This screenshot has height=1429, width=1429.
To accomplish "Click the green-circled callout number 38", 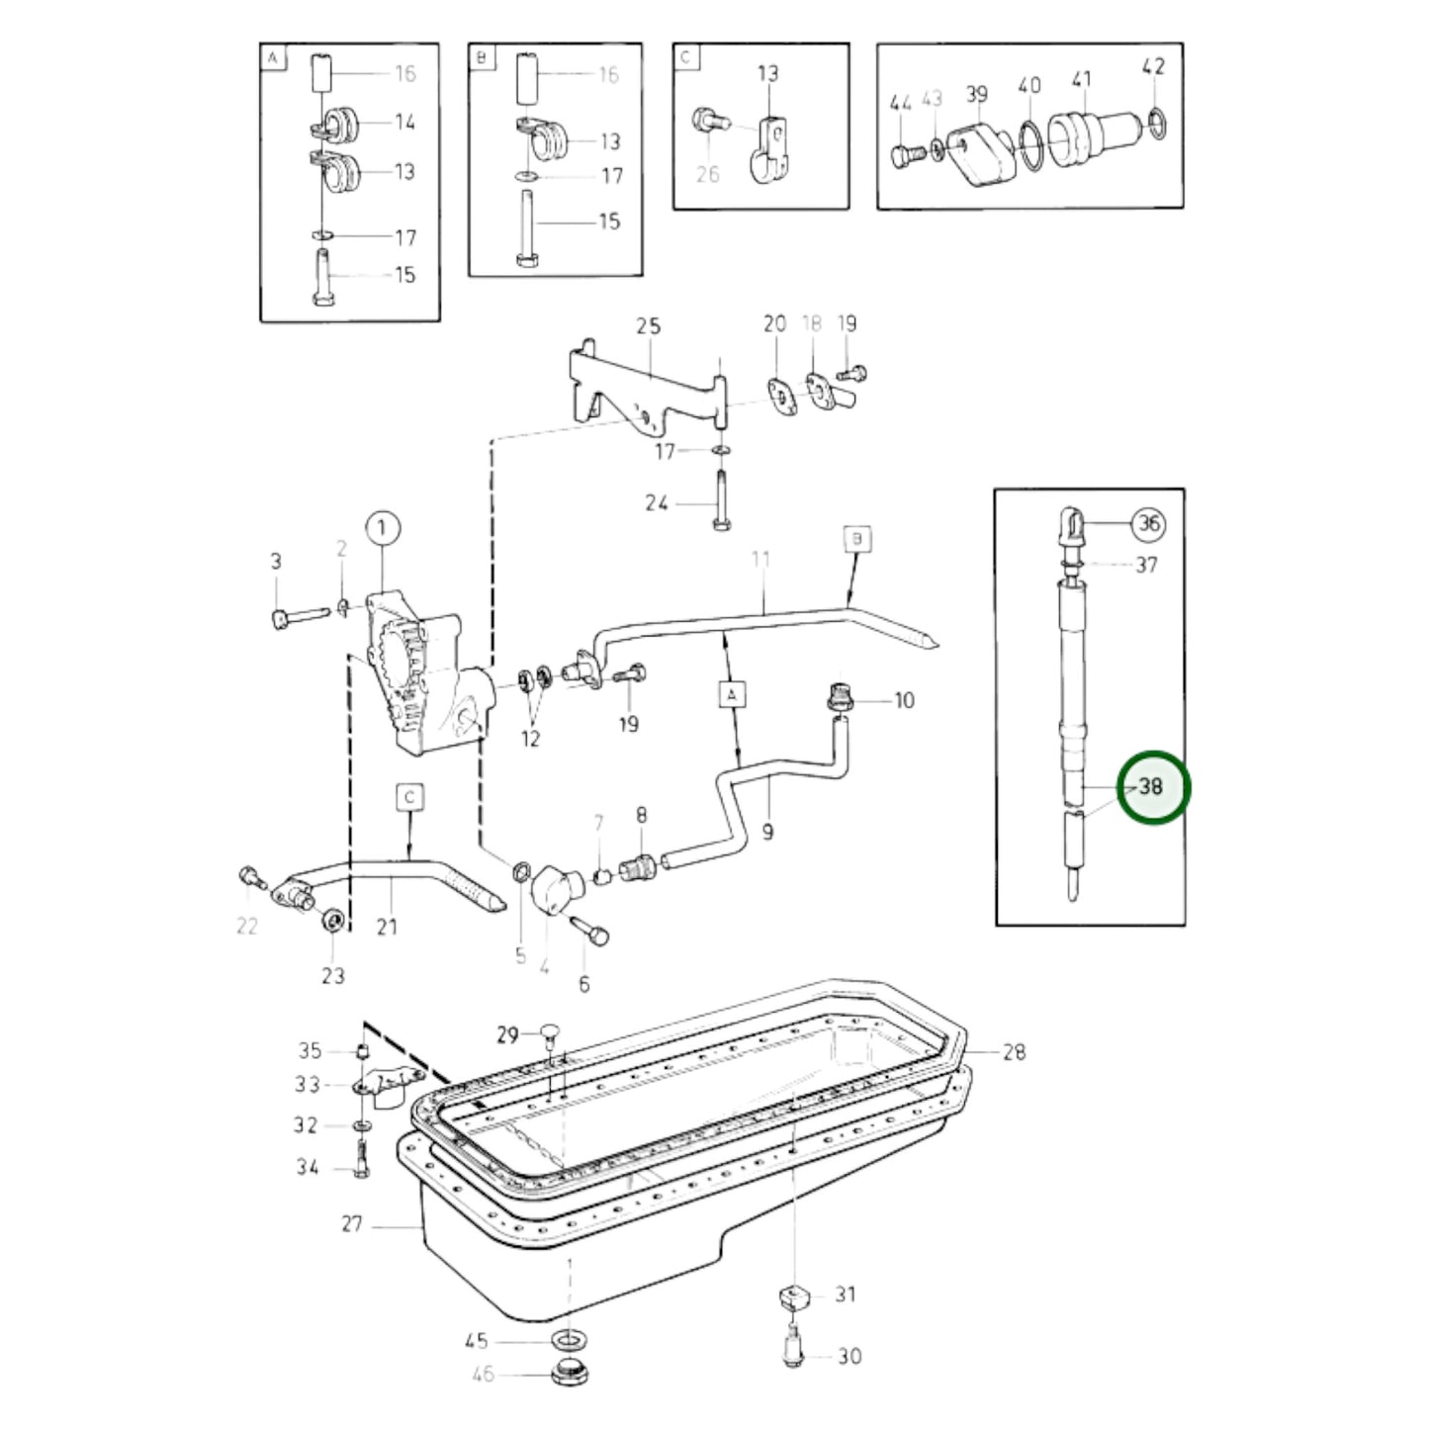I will click(1153, 787).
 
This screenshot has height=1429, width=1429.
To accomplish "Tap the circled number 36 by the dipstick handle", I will click(1148, 523).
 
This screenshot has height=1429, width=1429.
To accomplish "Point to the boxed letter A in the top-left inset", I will click(272, 58).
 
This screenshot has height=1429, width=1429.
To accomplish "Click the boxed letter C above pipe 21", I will click(409, 797).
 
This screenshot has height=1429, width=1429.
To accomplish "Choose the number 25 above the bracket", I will click(648, 326).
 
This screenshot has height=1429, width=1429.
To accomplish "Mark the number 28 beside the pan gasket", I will click(1014, 1051).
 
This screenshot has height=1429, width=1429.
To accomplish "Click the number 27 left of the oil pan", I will click(353, 1224).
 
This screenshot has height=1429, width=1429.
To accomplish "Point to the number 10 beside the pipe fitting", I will click(904, 701).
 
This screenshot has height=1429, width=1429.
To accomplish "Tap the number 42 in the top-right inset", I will click(1153, 66).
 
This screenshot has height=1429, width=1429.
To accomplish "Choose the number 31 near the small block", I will click(846, 1294).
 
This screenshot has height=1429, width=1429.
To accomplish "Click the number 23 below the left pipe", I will click(333, 975).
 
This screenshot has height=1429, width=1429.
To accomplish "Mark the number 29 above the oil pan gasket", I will click(507, 1035).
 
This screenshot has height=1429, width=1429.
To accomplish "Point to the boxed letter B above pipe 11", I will click(856, 539).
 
